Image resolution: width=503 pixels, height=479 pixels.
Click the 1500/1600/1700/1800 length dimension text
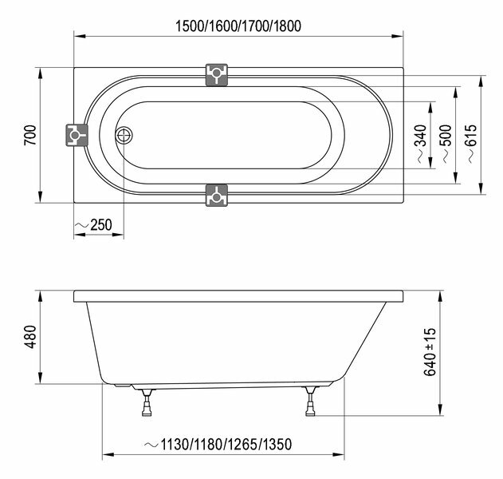tap(238, 26)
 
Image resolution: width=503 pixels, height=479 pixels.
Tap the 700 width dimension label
tap(30, 135)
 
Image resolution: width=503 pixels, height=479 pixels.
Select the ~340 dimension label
tap(421, 144)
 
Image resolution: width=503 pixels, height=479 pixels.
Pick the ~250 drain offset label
tap(93, 225)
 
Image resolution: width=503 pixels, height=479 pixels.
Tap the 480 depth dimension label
tap(31, 337)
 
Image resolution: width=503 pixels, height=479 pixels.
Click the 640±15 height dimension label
tap(430, 352)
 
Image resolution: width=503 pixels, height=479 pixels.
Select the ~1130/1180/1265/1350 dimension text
tap(218, 445)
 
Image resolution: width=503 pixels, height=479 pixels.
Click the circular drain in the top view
tap(124, 136)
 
